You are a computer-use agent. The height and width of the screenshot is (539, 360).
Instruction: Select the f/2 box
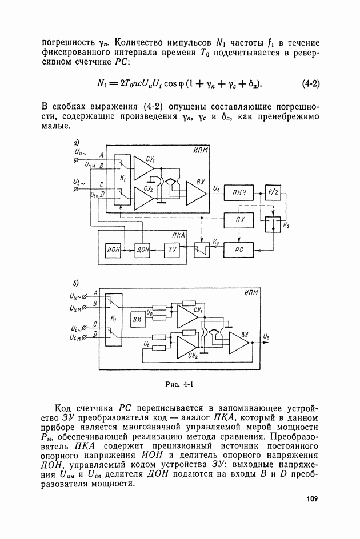[x=273, y=194]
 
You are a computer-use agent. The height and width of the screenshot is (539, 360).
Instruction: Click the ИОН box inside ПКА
[x=113, y=250]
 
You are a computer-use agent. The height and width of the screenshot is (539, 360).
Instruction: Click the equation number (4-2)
[x=310, y=84]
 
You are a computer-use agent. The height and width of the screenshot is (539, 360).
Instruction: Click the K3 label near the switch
[x=215, y=243]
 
